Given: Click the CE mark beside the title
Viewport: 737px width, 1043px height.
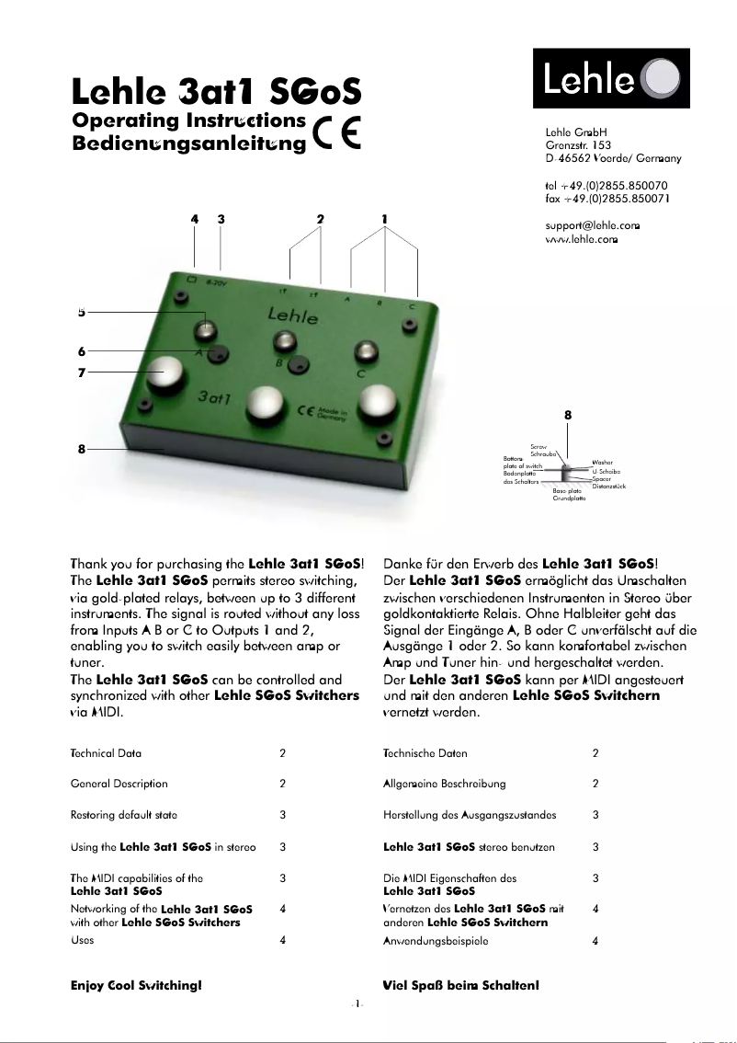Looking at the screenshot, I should click(336, 133).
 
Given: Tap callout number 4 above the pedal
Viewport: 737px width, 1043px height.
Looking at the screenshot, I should click(194, 219).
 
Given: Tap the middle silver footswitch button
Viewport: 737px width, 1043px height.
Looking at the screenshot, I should click(266, 403).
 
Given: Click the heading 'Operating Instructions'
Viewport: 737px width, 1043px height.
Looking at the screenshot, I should click(188, 120).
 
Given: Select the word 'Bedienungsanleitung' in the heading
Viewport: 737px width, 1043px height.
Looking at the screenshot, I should click(188, 143).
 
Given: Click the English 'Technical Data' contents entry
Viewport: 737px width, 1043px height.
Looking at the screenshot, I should click(106, 753).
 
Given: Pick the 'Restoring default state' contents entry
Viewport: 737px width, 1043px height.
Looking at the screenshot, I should click(124, 815).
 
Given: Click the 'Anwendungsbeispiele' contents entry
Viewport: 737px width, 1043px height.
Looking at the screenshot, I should click(437, 941).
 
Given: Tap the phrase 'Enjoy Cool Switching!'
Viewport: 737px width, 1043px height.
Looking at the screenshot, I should click(136, 985).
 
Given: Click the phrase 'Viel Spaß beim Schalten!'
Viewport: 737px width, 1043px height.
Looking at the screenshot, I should click(459, 985).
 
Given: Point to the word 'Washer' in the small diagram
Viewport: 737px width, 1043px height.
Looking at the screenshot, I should click(603, 463).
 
